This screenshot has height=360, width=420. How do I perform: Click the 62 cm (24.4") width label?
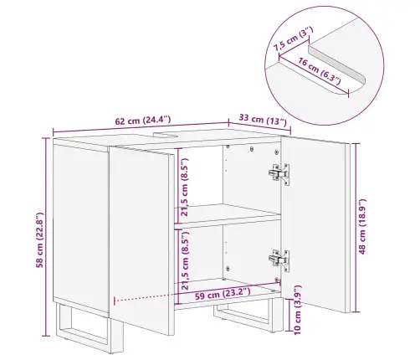click(143, 121)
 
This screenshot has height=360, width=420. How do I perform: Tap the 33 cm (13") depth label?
click(263, 120)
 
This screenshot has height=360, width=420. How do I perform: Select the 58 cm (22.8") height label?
click(40, 240)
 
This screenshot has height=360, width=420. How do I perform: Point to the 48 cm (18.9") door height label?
click(362, 227)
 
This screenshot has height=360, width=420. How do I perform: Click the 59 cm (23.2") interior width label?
click(223, 294)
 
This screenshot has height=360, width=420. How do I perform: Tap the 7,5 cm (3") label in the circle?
click(293, 39)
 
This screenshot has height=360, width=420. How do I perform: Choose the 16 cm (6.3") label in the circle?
click(320, 71)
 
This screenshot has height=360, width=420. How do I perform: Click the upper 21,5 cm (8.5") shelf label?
click(185, 188)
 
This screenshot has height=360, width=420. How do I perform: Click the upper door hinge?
click(279, 173)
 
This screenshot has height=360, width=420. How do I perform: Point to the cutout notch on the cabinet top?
click(166, 135)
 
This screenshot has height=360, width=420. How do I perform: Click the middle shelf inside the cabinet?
click(228, 213)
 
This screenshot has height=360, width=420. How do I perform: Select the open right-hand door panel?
click(315, 224)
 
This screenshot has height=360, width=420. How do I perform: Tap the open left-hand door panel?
click(141, 240)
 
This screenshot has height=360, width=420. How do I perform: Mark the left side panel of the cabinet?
click(81, 228)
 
